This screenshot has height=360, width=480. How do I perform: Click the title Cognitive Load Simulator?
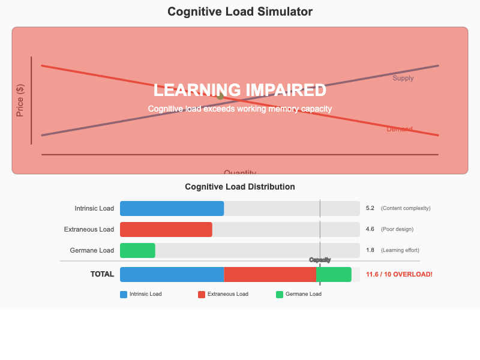(x=240, y=12)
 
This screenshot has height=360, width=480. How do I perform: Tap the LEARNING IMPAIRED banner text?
(x=240, y=90)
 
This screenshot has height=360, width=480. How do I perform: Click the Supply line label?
(x=403, y=78)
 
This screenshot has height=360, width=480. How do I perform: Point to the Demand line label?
(x=400, y=129)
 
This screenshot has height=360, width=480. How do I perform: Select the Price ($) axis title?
(x=20, y=101)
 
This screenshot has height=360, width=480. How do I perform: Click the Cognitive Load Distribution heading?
(x=240, y=187)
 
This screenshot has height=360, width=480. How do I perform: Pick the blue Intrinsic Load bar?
(x=172, y=208)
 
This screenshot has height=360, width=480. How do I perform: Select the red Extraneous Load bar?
(x=166, y=229)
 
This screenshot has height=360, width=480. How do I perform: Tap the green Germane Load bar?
(x=137, y=250)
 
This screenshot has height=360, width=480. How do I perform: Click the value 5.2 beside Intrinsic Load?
(x=370, y=208)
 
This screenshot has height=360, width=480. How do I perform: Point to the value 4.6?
(x=370, y=229)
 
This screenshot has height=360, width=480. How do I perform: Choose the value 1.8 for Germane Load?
(x=370, y=250)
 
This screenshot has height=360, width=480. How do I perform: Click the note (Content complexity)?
(x=406, y=208)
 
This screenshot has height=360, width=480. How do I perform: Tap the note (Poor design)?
(x=397, y=229)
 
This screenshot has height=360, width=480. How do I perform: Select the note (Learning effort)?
(x=400, y=250)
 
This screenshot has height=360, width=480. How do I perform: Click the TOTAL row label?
(x=102, y=274)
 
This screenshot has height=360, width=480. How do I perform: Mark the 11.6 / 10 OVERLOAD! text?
(x=399, y=274)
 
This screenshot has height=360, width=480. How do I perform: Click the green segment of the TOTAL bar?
(x=334, y=274)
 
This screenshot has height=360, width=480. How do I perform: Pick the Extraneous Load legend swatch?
(x=202, y=295)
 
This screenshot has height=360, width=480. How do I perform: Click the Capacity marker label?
(x=320, y=260)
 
